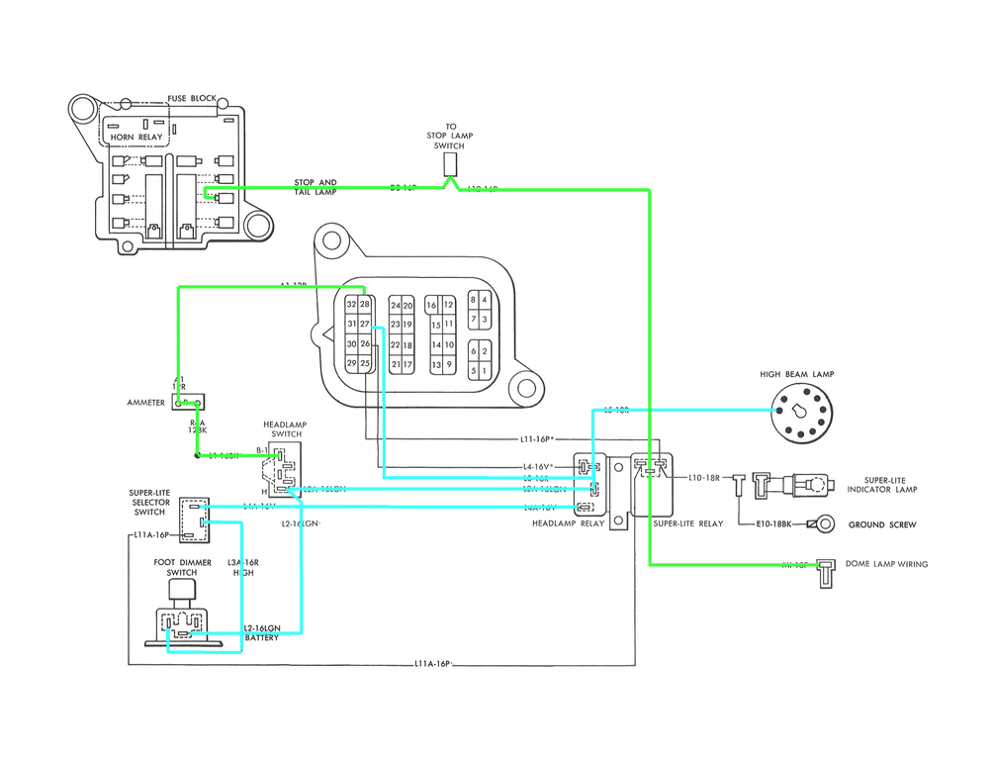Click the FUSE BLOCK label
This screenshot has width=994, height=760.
[x=191, y=99]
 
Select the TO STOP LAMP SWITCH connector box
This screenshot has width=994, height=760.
[x=452, y=163]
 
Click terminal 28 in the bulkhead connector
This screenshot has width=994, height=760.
[x=365, y=304]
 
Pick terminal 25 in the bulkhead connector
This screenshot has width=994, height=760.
[x=365, y=364]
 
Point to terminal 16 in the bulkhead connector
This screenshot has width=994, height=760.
[x=432, y=306]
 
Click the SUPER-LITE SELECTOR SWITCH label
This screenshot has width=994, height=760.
[x=149, y=502]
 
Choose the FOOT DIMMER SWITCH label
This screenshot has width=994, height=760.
[x=182, y=567]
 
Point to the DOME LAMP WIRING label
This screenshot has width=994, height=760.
[x=886, y=564]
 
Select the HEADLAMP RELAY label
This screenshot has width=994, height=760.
[x=568, y=523]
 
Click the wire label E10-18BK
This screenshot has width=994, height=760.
[x=771, y=523]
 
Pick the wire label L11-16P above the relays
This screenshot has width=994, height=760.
[x=540, y=437]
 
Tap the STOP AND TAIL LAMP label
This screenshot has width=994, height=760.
[x=315, y=187]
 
